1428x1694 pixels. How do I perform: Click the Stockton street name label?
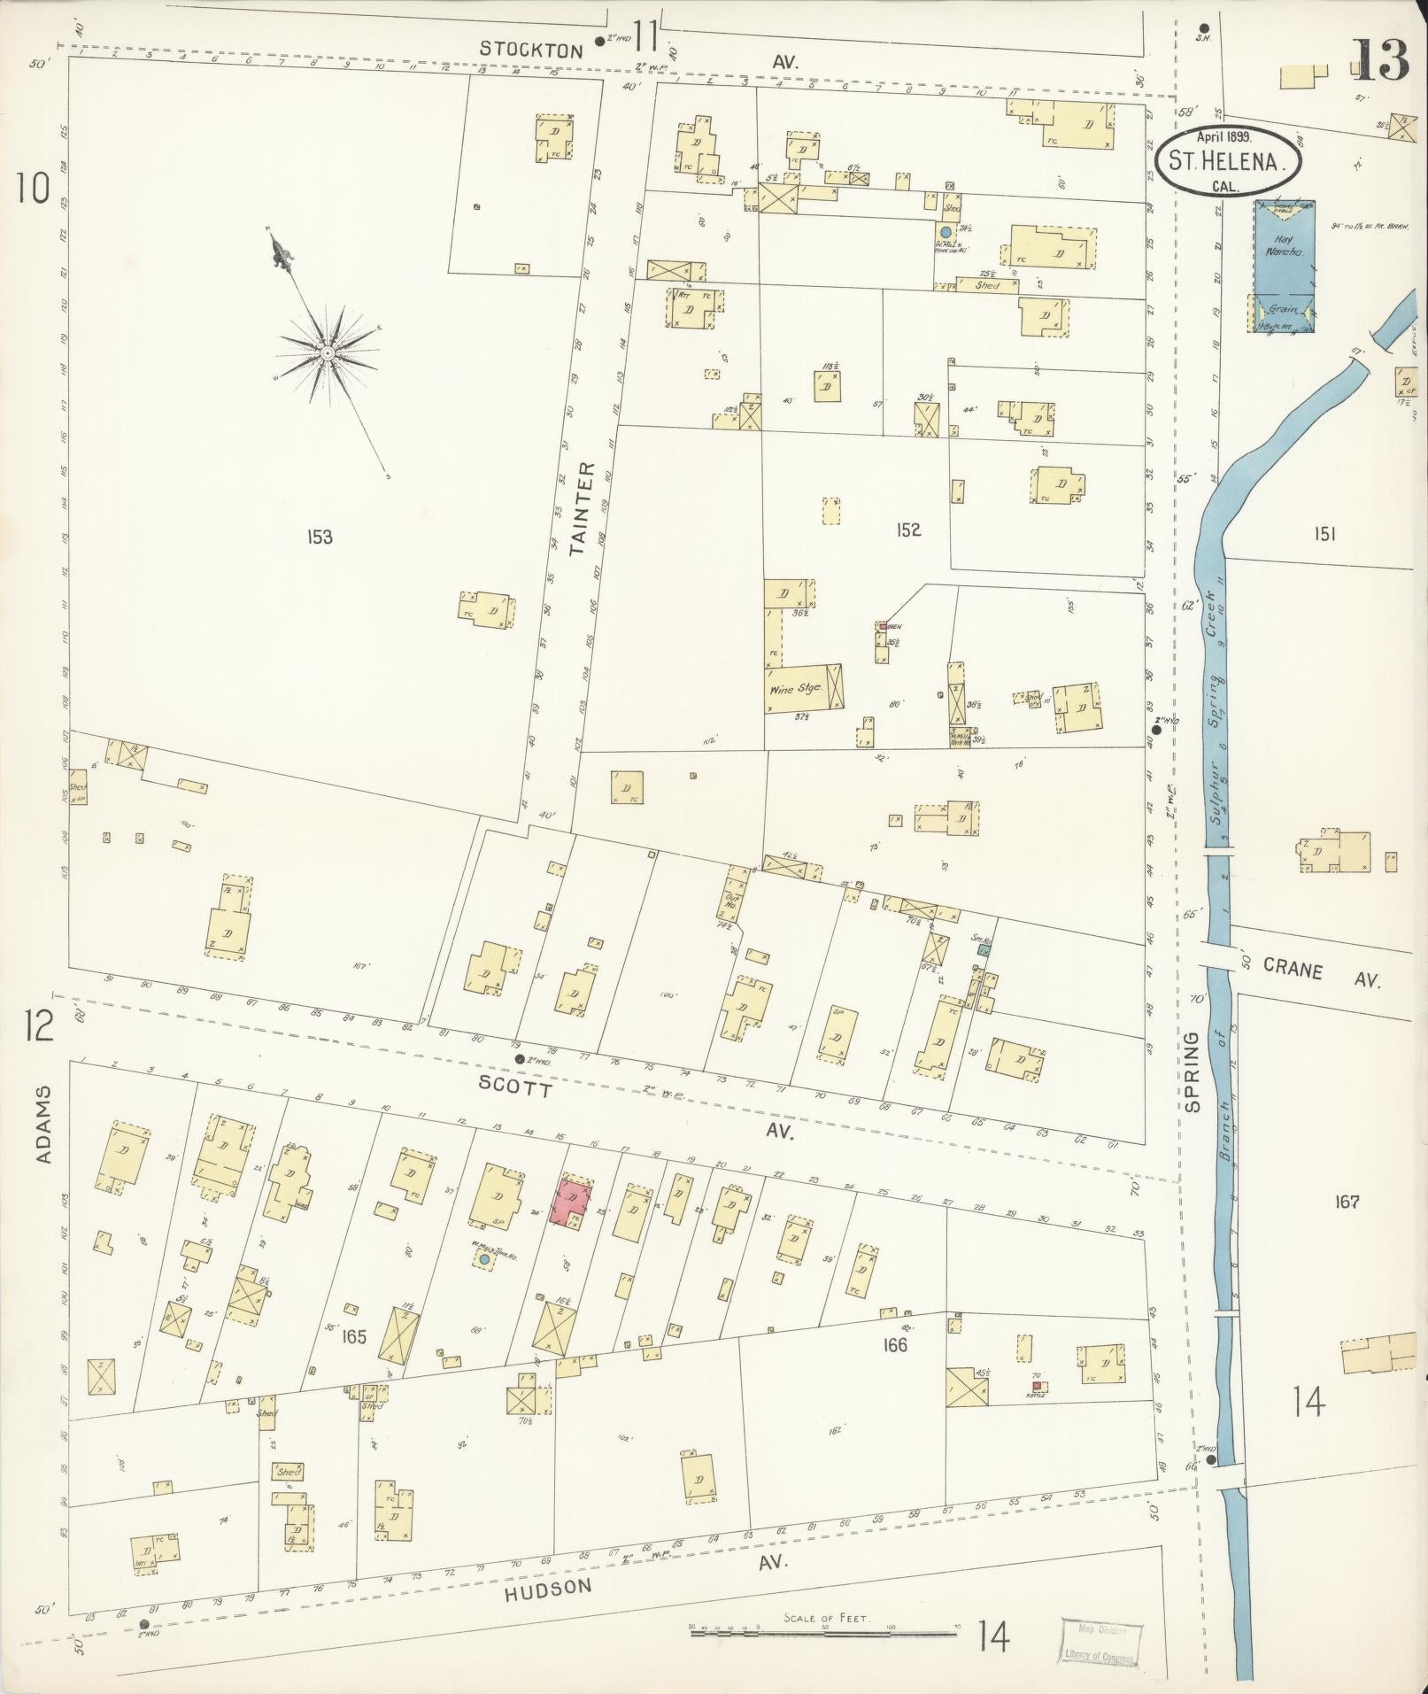(x=531, y=50)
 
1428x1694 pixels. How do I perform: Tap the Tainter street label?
(x=579, y=508)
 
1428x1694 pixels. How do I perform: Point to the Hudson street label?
(x=549, y=1590)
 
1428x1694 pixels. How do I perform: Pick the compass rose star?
(x=328, y=353)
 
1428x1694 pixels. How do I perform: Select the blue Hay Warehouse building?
(x=1283, y=266)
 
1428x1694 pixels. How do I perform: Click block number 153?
(x=320, y=537)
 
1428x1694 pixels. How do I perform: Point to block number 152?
(x=907, y=530)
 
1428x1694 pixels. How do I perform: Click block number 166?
(x=895, y=1344)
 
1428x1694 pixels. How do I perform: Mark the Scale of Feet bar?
(x=823, y=1629)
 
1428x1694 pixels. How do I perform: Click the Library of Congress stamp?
(x=1100, y=1643)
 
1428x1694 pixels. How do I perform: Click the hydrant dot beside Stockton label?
(x=598, y=41)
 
